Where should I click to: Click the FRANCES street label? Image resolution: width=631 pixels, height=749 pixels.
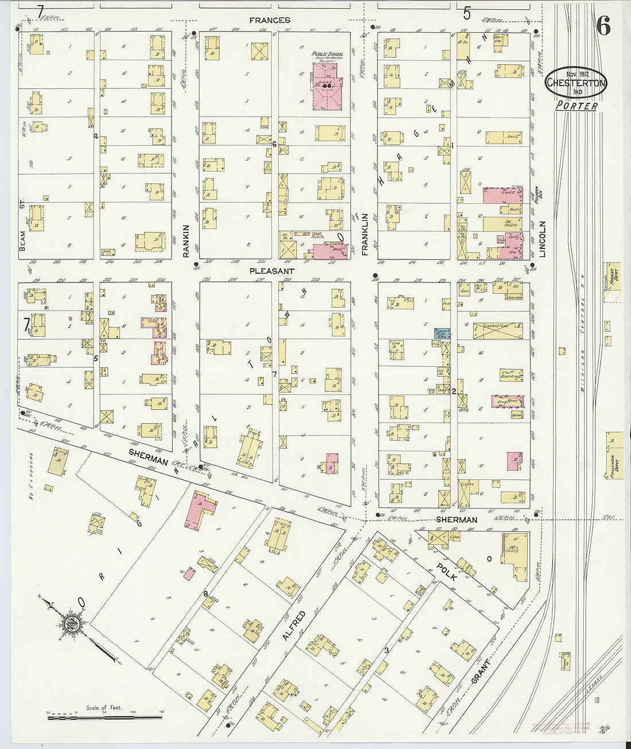coord(270,20)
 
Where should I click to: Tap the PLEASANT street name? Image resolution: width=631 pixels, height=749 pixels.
coord(272,270)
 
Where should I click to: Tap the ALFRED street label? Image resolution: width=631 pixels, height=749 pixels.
coord(293,626)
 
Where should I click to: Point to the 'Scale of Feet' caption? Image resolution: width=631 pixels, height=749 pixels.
coord(103,708)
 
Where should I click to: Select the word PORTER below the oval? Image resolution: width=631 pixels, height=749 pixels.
coord(576,106)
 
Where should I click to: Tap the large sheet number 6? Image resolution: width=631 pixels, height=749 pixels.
coord(603,26)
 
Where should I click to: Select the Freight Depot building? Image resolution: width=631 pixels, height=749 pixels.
coord(613,280)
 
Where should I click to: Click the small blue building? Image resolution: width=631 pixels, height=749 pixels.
coord(439,332)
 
